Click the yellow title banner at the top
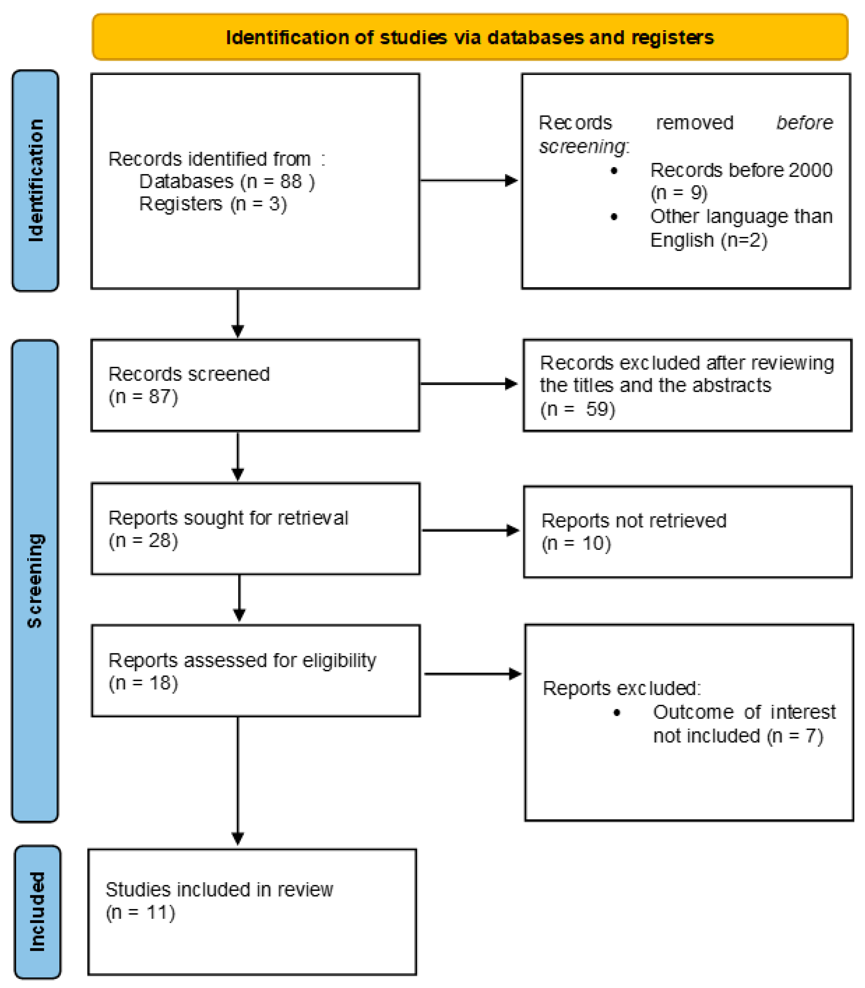[x=470, y=37]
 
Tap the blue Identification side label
[x=35, y=180]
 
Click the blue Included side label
[x=37, y=912]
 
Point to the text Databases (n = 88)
[x=227, y=181]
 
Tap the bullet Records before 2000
[x=741, y=170]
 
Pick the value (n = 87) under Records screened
[x=143, y=397]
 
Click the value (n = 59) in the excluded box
[x=578, y=409]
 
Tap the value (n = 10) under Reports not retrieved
[x=576, y=543]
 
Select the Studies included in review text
[x=219, y=889]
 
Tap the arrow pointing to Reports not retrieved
[x=471, y=530]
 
